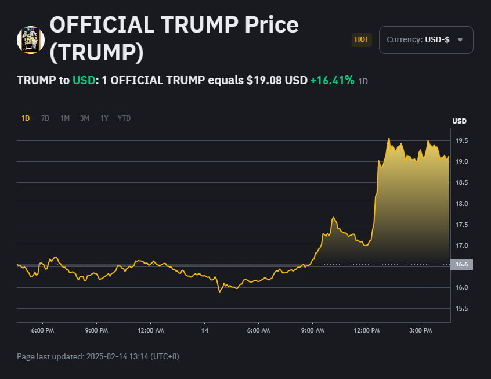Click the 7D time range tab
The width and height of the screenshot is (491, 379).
(x=45, y=118)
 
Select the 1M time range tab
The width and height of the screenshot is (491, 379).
(x=65, y=118)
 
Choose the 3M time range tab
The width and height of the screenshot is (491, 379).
(x=85, y=118)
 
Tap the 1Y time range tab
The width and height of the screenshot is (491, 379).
(x=104, y=118)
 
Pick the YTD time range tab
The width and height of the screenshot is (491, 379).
(x=124, y=118)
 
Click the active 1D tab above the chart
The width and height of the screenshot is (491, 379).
(x=26, y=118)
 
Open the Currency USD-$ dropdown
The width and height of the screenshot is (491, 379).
(x=426, y=40)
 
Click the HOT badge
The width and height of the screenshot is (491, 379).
(x=362, y=40)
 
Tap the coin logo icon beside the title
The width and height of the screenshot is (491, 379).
(x=31, y=40)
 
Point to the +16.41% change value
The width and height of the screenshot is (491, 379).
(x=332, y=80)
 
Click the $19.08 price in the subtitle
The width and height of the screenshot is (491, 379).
(x=264, y=80)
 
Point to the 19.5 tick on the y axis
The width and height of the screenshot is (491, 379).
(x=462, y=141)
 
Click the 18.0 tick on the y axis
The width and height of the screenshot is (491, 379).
(x=462, y=204)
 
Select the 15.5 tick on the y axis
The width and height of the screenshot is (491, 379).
(x=462, y=309)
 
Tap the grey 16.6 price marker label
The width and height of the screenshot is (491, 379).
(x=462, y=265)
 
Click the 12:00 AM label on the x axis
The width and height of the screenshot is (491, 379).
(x=150, y=331)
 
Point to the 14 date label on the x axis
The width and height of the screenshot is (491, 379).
(x=204, y=331)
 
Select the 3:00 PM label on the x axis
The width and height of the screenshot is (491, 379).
(x=420, y=331)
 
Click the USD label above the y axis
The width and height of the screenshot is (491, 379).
(x=459, y=121)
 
